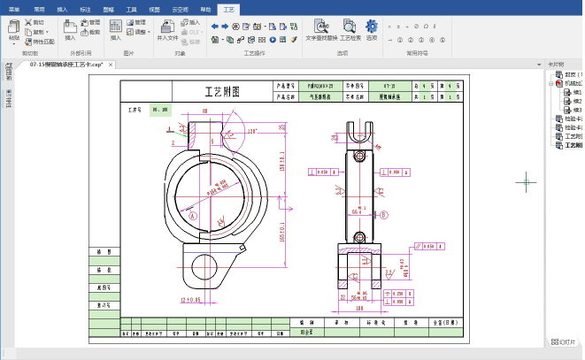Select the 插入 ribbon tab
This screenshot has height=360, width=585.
pos(62,6)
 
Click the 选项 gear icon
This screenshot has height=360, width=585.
pos(371,28)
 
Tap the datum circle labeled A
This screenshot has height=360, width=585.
pos(190,214)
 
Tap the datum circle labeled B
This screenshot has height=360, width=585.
pos(384,214)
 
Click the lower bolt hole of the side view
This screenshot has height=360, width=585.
pos(360,236)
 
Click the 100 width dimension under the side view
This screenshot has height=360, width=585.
pos(360,309)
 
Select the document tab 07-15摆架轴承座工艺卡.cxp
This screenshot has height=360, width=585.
pos(65,65)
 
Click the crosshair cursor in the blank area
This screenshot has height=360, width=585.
pos(527,182)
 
